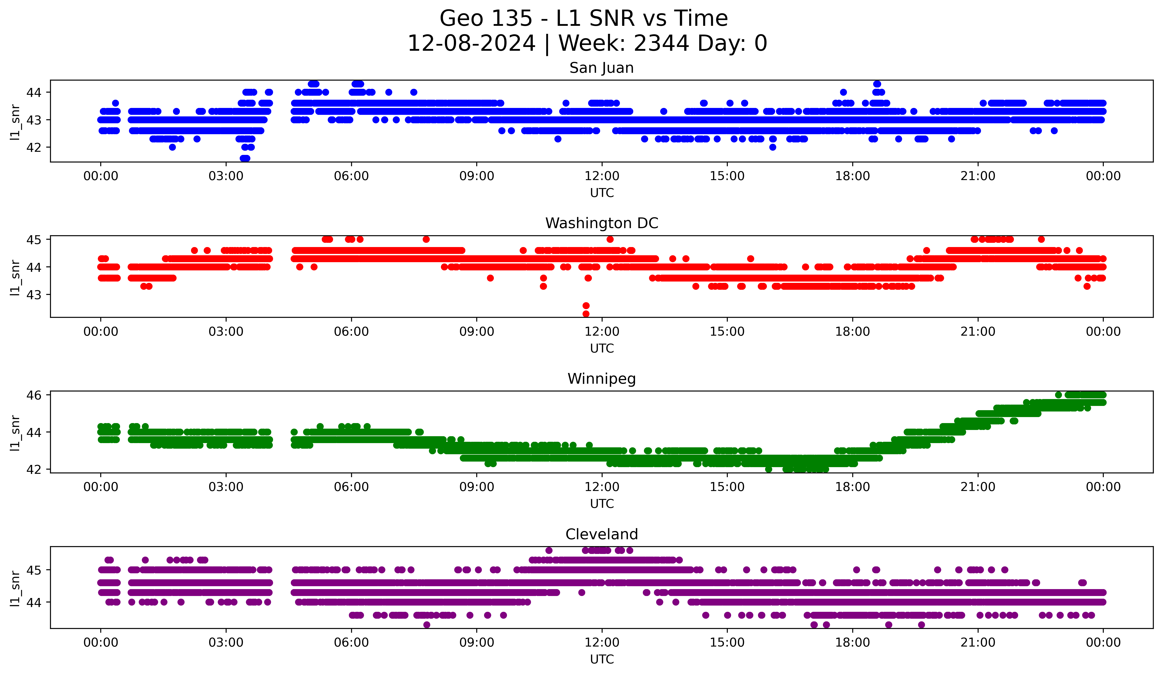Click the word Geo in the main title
461,19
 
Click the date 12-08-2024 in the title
471,43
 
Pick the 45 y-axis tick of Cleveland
34,570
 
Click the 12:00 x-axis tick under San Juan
602,176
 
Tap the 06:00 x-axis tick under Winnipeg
351,487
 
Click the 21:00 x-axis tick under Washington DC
977,332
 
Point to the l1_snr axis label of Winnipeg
15,432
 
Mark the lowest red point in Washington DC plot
586,314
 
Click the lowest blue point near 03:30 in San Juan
245,158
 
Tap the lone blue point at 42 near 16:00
773,147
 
